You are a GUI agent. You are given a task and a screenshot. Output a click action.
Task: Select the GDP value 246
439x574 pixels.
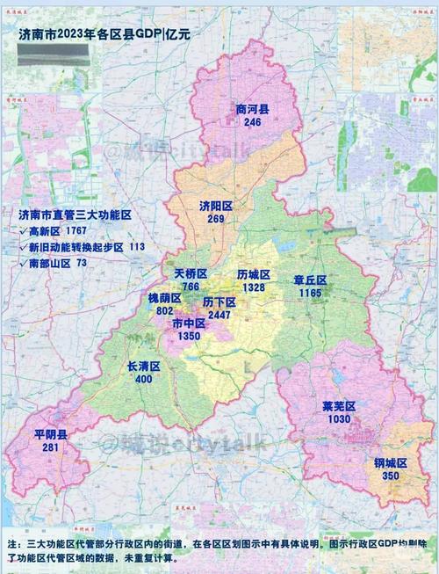tap(253, 123)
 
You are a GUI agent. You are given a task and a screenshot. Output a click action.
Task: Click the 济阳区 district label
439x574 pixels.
tap(216, 206)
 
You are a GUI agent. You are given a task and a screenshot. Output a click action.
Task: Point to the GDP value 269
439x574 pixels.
tap(216, 219)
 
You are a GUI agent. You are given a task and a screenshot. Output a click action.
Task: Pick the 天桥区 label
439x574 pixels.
tap(191, 274)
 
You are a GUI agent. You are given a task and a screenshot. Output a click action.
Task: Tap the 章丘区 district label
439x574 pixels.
tap(310, 280)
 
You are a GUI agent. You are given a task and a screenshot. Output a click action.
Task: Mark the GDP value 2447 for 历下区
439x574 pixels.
tap(219, 314)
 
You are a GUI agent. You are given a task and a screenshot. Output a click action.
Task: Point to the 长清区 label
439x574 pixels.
tap(144, 366)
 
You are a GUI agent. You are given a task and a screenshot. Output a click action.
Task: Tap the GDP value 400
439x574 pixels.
tap(144, 379)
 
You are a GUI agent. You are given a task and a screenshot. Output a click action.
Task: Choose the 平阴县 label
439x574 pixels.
tap(51, 435)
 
